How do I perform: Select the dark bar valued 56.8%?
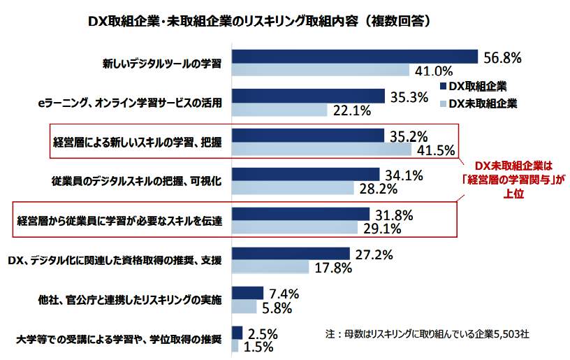pyautogui.click(x=353, y=57)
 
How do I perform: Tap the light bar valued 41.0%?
pyautogui.click(x=320, y=70)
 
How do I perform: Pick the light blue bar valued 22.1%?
pyautogui.click(x=279, y=110)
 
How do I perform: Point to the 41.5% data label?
pyautogui.click(x=435, y=149)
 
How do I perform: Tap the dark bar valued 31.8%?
pyautogui.click(x=300, y=214)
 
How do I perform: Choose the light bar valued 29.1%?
pyautogui.click(x=294, y=227)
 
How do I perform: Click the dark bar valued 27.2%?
pyautogui.click(x=290, y=254)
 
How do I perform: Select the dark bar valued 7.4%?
pyautogui.click(x=247, y=293)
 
